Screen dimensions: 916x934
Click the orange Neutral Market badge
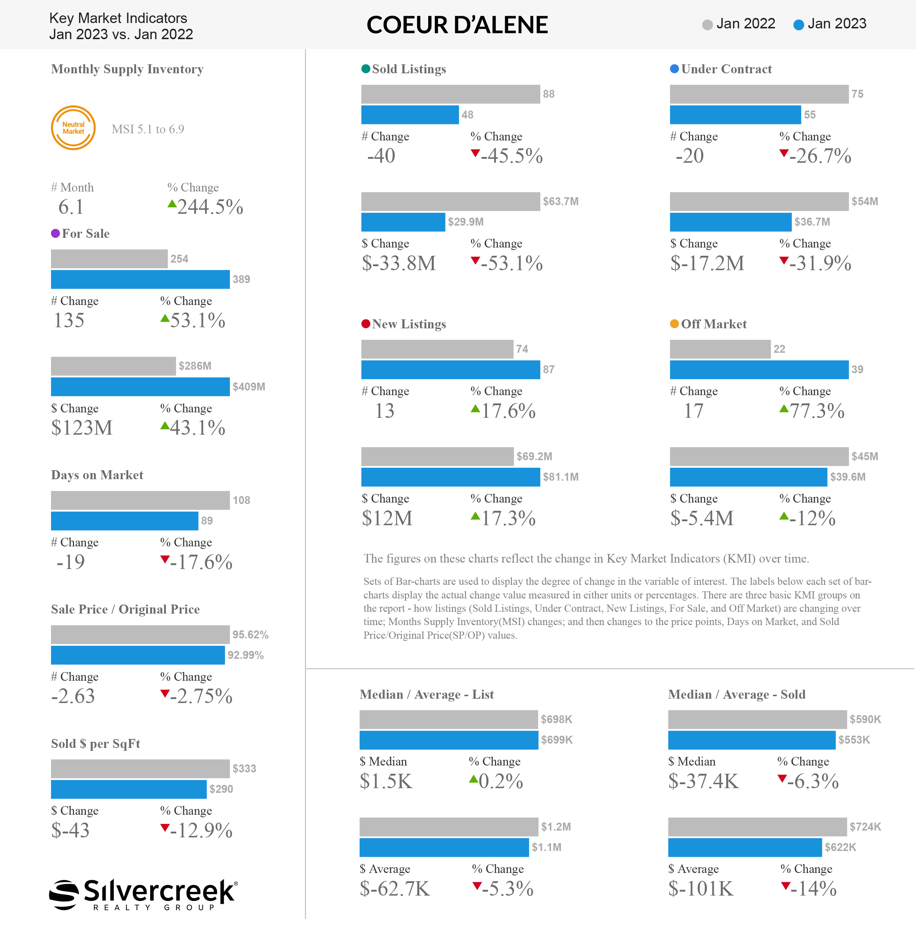[x=73, y=128]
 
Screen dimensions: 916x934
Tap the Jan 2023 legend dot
[x=799, y=24]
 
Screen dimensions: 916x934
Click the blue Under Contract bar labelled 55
[x=735, y=115]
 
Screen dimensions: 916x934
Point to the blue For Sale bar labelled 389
[x=140, y=279]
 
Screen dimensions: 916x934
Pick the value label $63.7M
[x=560, y=201]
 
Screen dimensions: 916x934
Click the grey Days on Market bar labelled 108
[x=140, y=500]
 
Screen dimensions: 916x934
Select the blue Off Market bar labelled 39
[x=759, y=370]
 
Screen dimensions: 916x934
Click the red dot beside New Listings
[x=366, y=324]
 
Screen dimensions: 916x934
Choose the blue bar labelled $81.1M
[x=450, y=477]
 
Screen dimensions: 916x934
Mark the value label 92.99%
[x=245, y=655]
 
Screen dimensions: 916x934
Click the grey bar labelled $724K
[x=757, y=827]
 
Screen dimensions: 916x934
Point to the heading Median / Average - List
[x=427, y=694]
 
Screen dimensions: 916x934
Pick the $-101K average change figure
[x=701, y=889]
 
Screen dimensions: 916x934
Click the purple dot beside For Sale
[x=55, y=233]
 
